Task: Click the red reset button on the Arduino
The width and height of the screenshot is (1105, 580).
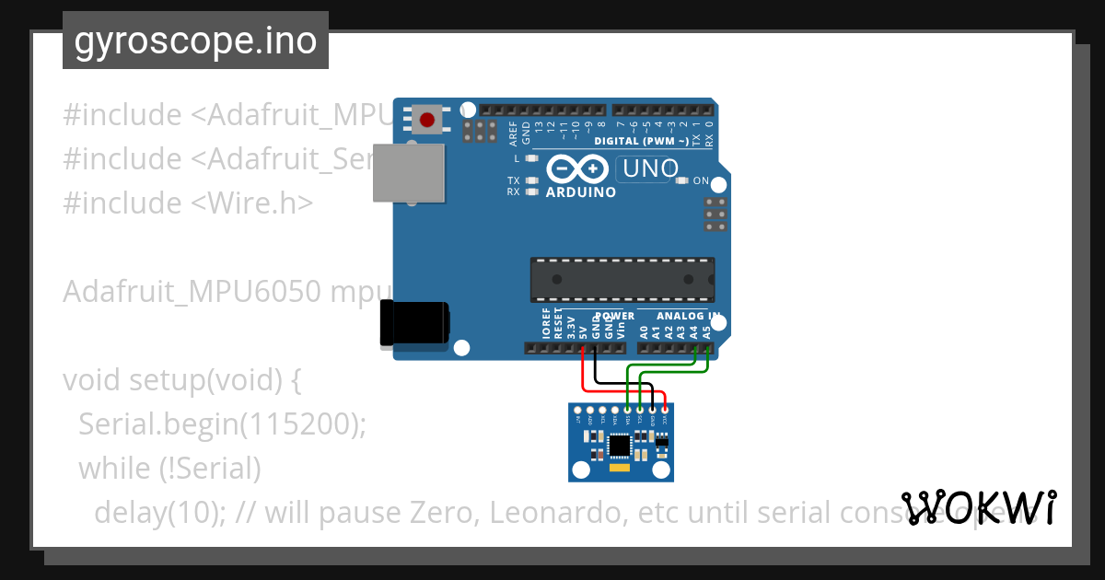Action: click(x=427, y=120)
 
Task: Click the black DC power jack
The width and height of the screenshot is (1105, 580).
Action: click(x=415, y=323)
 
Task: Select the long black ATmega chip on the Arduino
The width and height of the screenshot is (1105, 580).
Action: click(x=622, y=279)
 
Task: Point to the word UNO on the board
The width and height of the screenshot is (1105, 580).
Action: click(x=651, y=168)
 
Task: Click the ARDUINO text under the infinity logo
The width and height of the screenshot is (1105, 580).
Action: click(x=580, y=193)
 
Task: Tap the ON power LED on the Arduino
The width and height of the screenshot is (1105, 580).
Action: click(x=681, y=180)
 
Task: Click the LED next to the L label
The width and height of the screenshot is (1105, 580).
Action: click(x=531, y=158)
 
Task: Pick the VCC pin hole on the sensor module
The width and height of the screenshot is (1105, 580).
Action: click(x=665, y=410)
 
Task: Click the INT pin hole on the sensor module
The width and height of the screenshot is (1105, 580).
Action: click(x=577, y=410)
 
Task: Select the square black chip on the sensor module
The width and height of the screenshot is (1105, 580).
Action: click(x=620, y=446)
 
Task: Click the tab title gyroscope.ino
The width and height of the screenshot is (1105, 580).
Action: click(x=195, y=41)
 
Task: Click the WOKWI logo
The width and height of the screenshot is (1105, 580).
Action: click(x=979, y=508)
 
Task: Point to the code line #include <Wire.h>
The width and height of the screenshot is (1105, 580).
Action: click(x=188, y=203)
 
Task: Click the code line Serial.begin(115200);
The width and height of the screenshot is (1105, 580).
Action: click(x=222, y=424)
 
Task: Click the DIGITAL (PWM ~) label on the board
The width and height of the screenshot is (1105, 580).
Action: click(x=641, y=141)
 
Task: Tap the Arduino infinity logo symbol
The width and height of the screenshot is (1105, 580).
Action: click(x=576, y=169)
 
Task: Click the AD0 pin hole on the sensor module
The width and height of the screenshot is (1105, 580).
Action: click(x=590, y=410)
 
